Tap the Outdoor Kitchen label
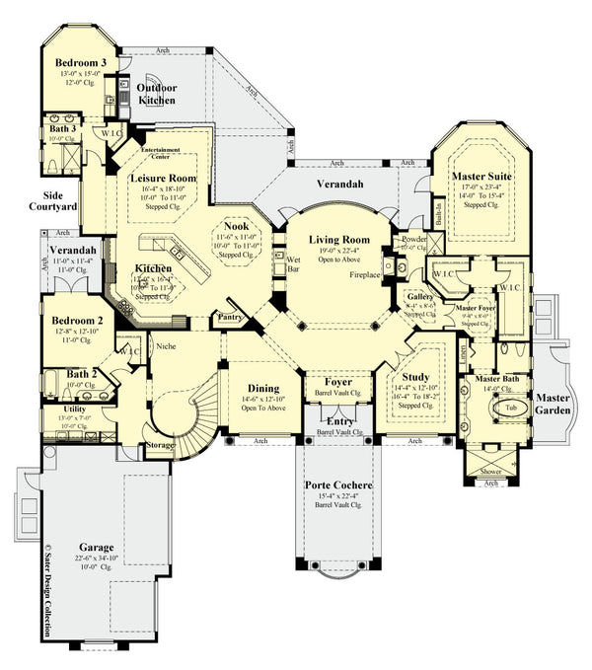click(x=156, y=94)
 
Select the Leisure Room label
click(x=163, y=179)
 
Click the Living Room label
click(x=338, y=240)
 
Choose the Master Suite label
click(x=481, y=178)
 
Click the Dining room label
click(x=262, y=388)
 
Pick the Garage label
click(x=97, y=548)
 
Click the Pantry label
click(x=232, y=318)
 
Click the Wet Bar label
click(x=293, y=263)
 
